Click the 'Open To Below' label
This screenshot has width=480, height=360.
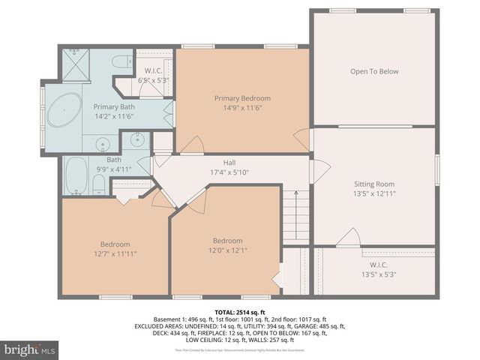pos(373,72)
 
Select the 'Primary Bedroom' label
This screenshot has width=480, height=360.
pos(242,98)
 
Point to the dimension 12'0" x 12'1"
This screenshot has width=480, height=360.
pos(227,250)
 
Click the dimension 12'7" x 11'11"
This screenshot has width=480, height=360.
pos(115,253)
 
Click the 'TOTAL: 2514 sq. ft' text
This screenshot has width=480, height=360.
pos(239,310)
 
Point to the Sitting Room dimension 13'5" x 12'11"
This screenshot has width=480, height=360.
pos(373,193)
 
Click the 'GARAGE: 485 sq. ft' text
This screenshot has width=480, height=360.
pos(320,326)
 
